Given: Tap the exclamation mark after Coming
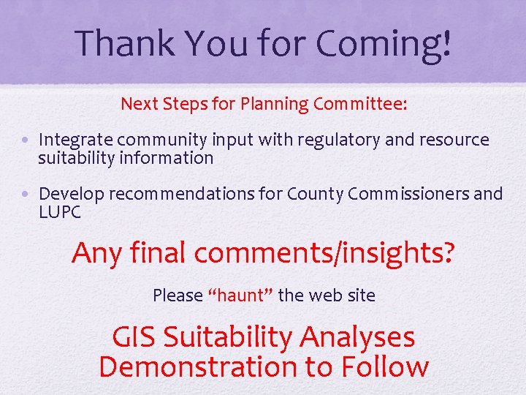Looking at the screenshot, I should click(x=446, y=43).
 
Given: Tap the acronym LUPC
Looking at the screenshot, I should click(x=60, y=213).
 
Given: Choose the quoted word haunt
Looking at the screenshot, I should click(x=241, y=296).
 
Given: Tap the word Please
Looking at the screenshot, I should click(x=178, y=296).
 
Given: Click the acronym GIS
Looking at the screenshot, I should click(x=134, y=337).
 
